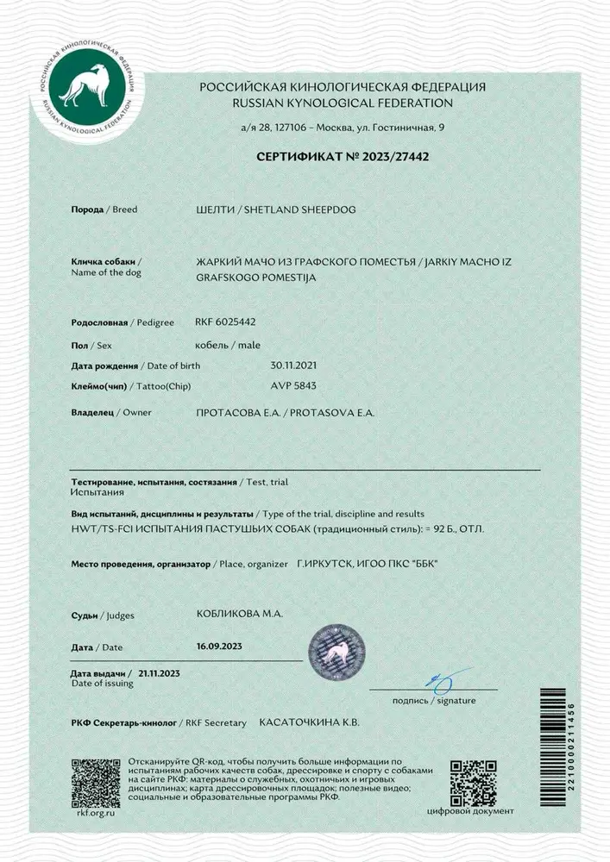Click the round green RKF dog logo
click(84, 86)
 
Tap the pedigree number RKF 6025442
click(226, 322)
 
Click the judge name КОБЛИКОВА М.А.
click(241, 614)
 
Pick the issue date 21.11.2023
click(160, 672)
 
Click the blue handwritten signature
click(445, 681)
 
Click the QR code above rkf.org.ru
click(95, 782)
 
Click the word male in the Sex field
click(248, 344)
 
